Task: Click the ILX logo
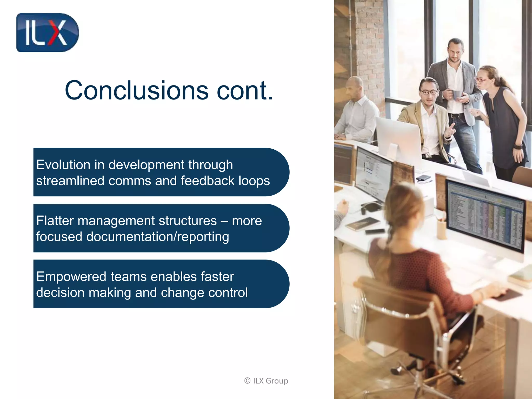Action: coord(47,33)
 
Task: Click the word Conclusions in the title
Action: coord(136,90)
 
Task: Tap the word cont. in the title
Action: coord(245,90)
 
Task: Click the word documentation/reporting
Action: coord(158,237)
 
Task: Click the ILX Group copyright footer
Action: coord(266,381)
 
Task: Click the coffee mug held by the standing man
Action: coord(457,95)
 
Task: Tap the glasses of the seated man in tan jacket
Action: coord(429,92)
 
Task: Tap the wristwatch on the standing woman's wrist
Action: coord(518,147)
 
